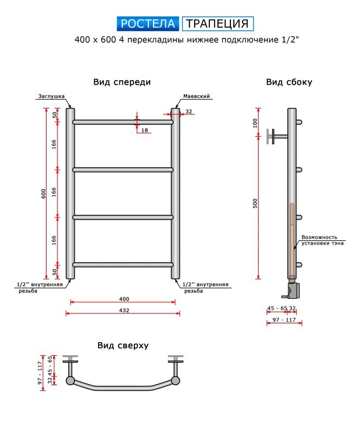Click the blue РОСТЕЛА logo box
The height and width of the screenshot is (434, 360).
click(148, 23)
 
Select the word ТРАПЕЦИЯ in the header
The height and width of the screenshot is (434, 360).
click(217, 23)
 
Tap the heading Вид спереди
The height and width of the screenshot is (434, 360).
click(122, 82)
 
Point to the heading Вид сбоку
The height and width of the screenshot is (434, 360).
click(289, 82)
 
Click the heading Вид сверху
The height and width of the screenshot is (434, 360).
click(123, 346)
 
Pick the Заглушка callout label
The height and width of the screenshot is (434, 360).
click(51, 97)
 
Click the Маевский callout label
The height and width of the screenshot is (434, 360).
click(196, 97)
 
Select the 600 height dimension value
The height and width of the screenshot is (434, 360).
click(43, 194)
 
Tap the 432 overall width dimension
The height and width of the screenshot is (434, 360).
click(124, 310)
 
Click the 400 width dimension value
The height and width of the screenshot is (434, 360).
click(124, 299)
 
